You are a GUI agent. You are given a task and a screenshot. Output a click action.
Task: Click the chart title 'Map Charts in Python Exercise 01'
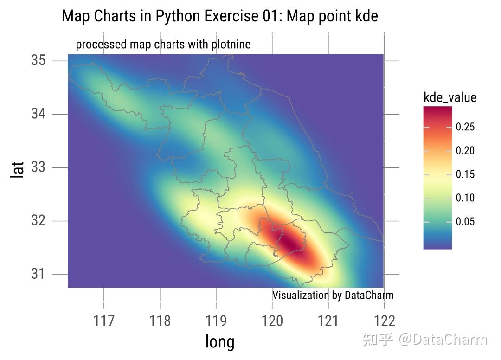click(x=220, y=16)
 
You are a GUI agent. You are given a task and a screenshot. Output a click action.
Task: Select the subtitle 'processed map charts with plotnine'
click(x=163, y=45)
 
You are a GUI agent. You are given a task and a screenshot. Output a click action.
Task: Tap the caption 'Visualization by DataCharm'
click(x=333, y=295)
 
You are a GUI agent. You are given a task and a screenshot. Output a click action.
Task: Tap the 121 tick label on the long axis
click(x=328, y=321)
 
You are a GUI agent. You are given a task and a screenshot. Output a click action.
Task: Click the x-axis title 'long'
click(x=220, y=342)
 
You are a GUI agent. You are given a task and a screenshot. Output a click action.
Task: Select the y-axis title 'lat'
click(x=18, y=170)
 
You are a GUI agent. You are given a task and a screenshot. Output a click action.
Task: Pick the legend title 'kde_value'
click(x=450, y=97)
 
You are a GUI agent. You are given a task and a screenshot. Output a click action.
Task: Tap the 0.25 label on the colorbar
click(x=465, y=127)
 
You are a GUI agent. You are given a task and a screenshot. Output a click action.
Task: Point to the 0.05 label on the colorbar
click(x=465, y=222)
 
